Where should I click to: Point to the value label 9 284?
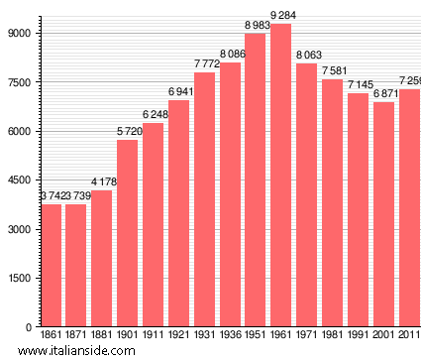click(x=281, y=16)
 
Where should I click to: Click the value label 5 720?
click(x=128, y=132)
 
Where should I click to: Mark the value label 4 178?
click(x=102, y=181)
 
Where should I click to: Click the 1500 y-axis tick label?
click(x=21, y=278)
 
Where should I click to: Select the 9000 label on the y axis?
click(x=21, y=33)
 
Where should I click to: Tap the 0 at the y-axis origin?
click(x=31, y=326)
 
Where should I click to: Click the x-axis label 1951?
click(x=256, y=336)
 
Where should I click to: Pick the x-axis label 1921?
click(x=179, y=336)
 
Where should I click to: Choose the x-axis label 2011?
click(x=408, y=336)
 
